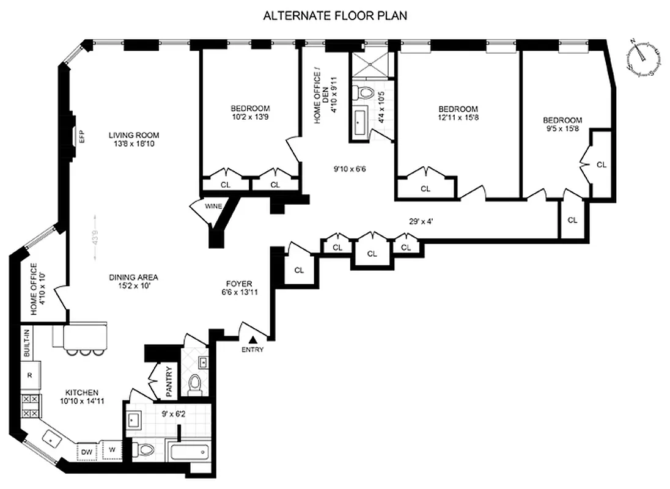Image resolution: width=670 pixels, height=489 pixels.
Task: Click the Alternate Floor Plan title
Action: (335, 16)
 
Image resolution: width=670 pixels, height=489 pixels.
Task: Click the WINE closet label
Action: (212, 206)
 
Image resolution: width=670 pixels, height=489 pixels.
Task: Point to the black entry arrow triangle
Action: (253, 340)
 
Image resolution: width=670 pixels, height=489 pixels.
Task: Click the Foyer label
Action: (239, 288)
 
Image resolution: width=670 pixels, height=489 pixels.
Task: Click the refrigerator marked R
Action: (29, 375)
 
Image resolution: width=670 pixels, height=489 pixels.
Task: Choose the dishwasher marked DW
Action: (86, 452)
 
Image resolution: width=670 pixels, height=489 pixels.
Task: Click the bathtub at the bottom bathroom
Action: (188, 455)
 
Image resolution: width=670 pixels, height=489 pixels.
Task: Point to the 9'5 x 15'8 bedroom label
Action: (562, 125)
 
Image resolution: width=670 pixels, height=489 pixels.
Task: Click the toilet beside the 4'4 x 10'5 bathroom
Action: (366, 94)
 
